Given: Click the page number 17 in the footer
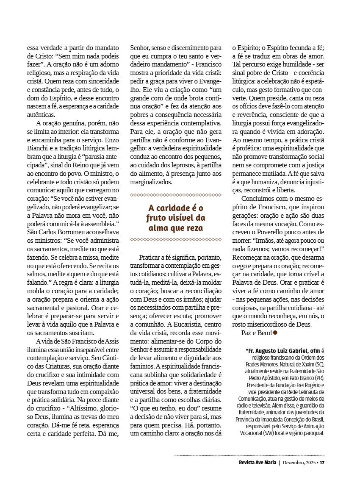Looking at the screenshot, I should (x=322, y=462).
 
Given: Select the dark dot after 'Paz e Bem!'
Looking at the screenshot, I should (x=275, y=333).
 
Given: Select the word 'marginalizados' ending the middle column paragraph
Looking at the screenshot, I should (x=151, y=182).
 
